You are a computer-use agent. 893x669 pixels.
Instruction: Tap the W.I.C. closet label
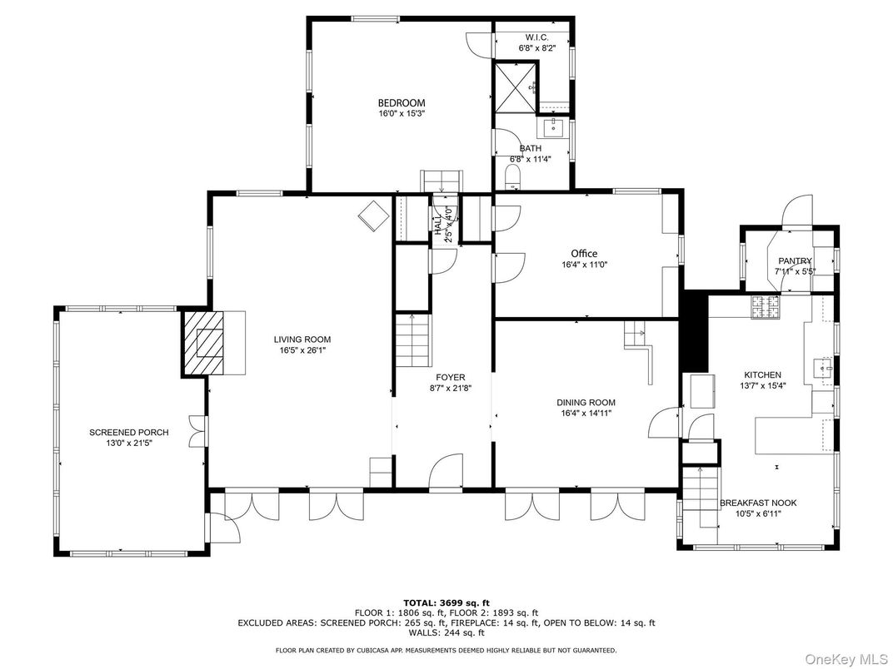pyautogui.click(x=536, y=38)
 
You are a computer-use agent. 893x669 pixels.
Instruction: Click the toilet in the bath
pyautogui.click(x=513, y=176)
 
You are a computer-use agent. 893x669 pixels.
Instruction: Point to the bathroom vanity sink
pyautogui.click(x=553, y=127)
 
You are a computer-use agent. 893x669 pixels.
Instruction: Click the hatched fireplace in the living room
pyautogui.click(x=204, y=343)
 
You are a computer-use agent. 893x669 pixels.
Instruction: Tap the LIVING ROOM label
pyautogui.click(x=302, y=339)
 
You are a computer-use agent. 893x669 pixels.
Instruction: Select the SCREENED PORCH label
pyautogui.click(x=129, y=433)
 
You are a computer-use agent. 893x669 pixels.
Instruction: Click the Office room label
pyautogui.click(x=584, y=254)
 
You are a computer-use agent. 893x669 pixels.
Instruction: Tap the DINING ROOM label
pyautogui.click(x=586, y=403)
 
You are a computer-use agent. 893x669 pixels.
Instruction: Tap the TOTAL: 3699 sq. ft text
pyautogui.click(x=446, y=602)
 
